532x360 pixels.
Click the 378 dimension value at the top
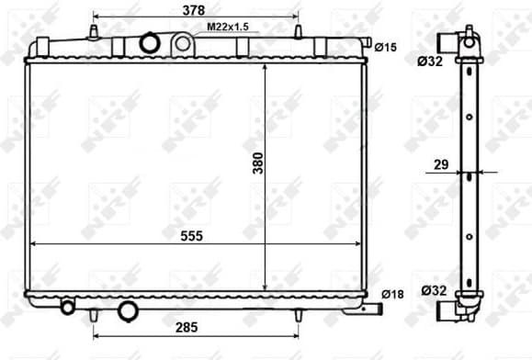pyautogui.click(x=193, y=11)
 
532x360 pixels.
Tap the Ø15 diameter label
pyautogui.click(x=386, y=48)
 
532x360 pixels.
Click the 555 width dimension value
pyautogui.click(x=190, y=236)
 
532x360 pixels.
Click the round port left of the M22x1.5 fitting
pyautogui.click(x=149, y=42)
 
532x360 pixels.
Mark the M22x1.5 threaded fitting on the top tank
pyautogui.click(x=182, y=42)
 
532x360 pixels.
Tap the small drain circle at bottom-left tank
pyautogui.click(x=68, y=306)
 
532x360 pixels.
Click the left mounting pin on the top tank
pyautogui.click(x=95, y=32)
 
